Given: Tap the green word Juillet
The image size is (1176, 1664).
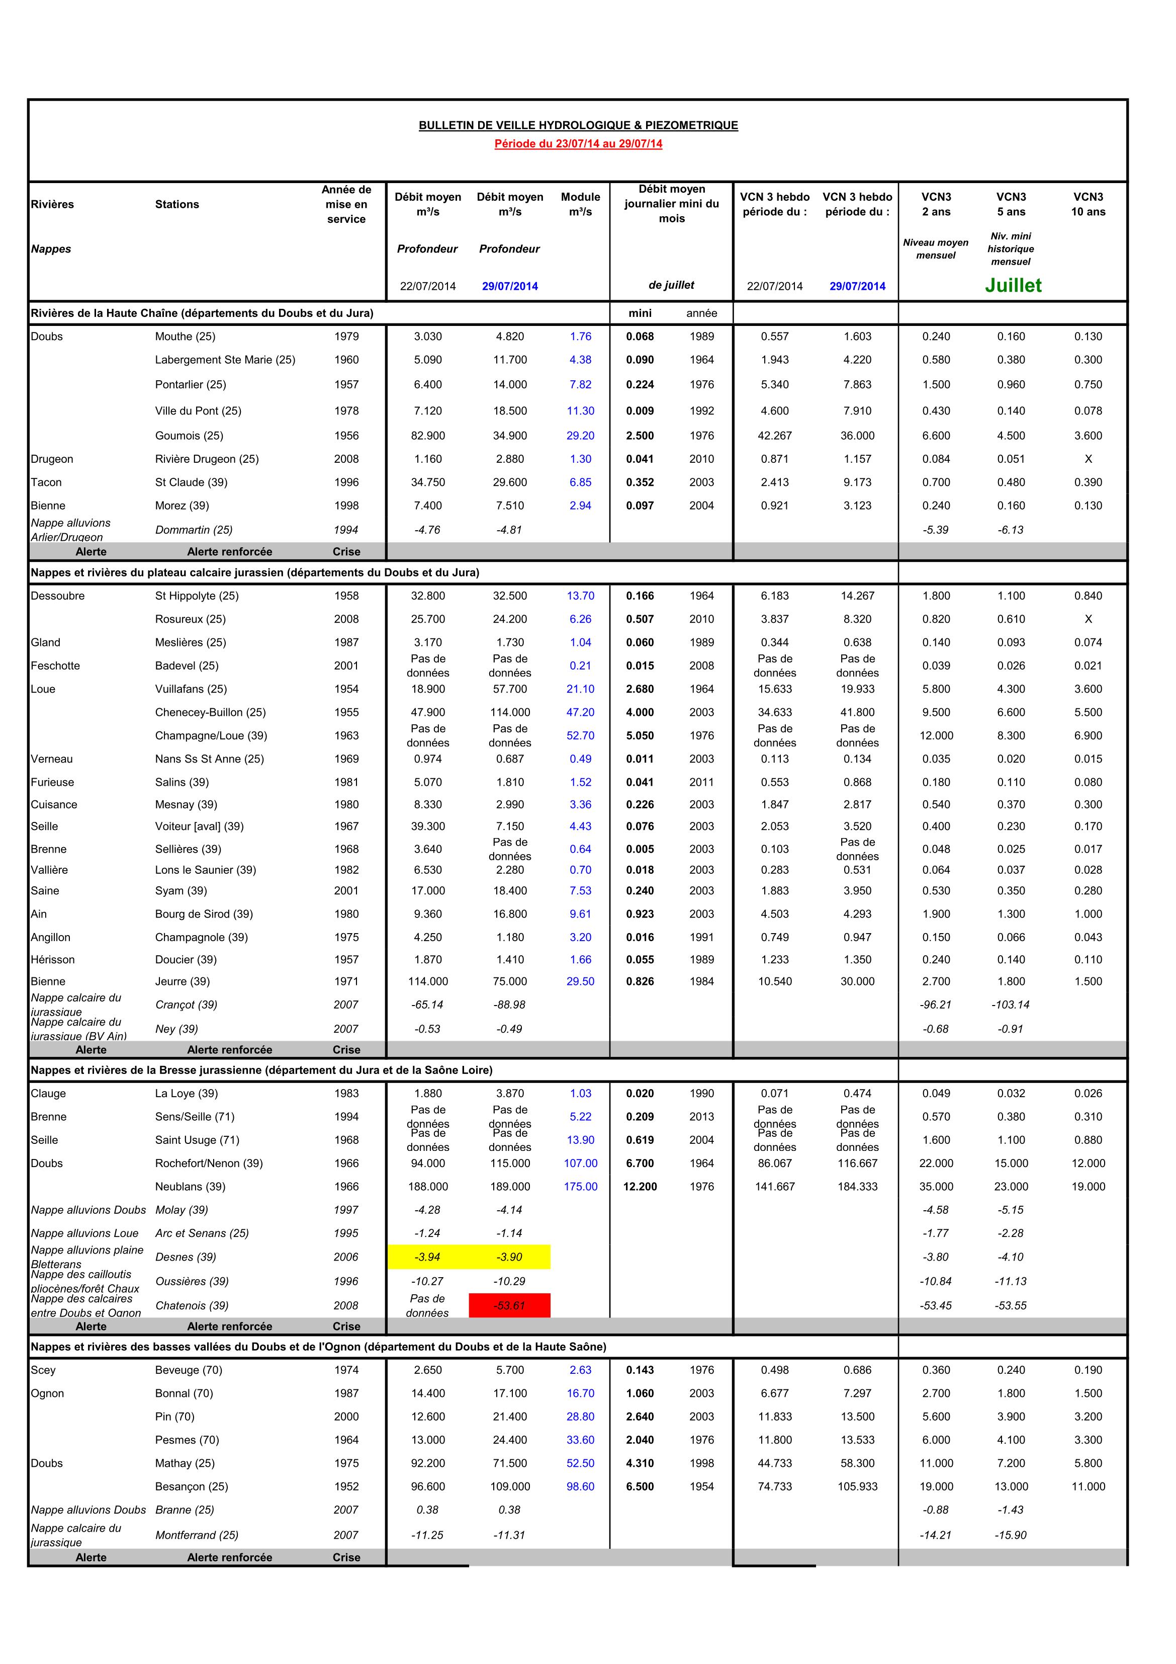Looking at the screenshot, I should (1013, 286).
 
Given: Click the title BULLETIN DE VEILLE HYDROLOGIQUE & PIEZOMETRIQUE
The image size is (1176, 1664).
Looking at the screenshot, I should (578, 125).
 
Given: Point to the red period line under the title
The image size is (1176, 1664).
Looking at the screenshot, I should (578, 143).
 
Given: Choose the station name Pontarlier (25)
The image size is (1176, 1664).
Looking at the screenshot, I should (191, 384).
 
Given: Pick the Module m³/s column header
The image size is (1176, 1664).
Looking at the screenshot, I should (580, 204).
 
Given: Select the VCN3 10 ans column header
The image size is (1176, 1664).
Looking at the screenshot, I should (1089, 204).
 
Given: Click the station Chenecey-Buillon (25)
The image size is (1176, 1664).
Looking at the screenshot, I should (210, 712).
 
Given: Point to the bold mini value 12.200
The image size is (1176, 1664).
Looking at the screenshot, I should (640, 1187).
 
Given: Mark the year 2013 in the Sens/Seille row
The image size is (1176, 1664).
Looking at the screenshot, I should (701, 1117).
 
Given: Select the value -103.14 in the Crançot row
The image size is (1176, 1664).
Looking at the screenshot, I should (1011, 1005).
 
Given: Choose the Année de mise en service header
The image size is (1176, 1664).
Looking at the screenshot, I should (346, 204).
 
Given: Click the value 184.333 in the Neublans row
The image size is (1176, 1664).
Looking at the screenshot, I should (857, 1187).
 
